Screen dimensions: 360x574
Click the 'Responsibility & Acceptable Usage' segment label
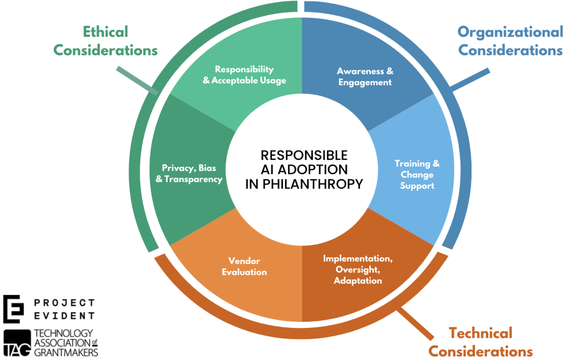[x=244, y=75]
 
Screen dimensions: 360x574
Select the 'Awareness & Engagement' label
[x=365, y=77]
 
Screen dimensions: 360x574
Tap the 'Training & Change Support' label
[x=417, y=174]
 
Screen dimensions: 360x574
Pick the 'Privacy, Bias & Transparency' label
[x=189, y=173]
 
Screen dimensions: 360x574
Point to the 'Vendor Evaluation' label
[x=244, y=266]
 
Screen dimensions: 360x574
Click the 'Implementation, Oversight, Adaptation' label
[x=357, y=269]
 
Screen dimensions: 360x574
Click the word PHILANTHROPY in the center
[x=313, y=184]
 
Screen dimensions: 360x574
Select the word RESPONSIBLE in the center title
[x=304, y=155]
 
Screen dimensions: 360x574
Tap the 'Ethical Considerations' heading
[x=105, y=41]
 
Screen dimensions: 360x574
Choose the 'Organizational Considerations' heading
[x=510, y=41]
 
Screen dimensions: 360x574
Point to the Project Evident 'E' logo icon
[x=13, y=309]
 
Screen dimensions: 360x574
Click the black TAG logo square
[x=17, y=343]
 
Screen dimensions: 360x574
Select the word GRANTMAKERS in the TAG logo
[x=66, y=352]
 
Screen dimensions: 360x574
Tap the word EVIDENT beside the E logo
[x=64, y=316]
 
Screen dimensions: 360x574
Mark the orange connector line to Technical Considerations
[x=416, y=323]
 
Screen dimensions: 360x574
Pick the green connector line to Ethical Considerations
[x=137, y=80]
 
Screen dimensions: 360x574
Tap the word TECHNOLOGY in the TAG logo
[x=63, y=333]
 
